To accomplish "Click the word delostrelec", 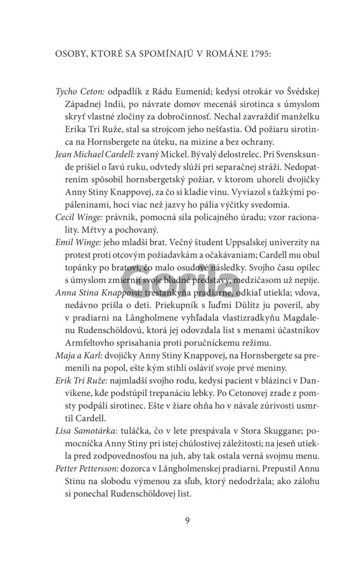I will coord(236,154).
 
